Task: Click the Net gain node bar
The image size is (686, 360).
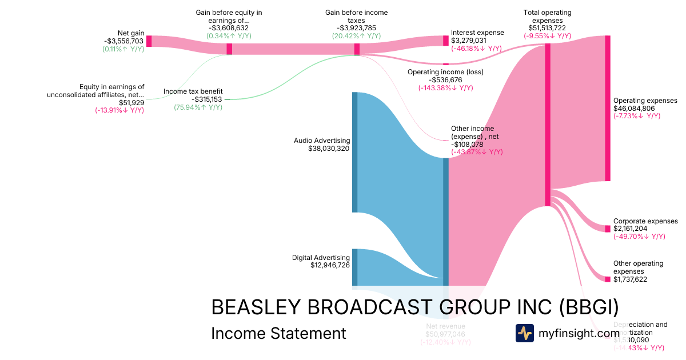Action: [149, 41]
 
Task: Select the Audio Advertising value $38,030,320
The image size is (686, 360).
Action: [329, 149]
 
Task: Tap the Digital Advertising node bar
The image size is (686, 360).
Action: [354, 267]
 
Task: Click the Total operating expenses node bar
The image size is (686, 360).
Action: [548, 125]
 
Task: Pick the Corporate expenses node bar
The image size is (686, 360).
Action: [608, 229]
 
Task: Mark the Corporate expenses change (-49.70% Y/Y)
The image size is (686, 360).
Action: [639, 237]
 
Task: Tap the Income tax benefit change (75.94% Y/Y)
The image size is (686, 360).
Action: [198, 107]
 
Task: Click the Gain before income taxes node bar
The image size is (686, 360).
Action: [357, 49]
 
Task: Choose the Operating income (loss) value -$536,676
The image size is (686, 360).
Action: [445, 80]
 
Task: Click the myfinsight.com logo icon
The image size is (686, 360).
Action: [524, 333]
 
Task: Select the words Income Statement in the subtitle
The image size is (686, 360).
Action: [278, 333]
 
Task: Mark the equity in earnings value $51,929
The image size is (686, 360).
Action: [131, 103]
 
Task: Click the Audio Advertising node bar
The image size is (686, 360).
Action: [354, 152]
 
